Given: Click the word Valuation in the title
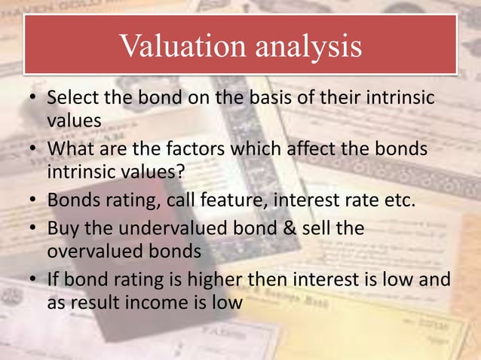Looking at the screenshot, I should (177, 47).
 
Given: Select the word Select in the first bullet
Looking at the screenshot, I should (72, 99).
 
